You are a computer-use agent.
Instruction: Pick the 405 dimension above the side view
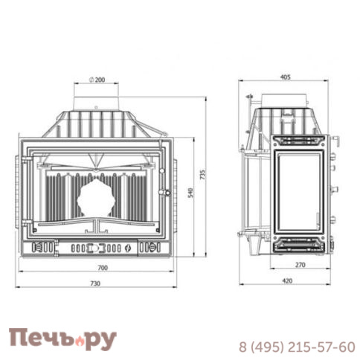(x=286, y=75)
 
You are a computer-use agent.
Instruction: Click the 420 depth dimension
(x=287, y=280)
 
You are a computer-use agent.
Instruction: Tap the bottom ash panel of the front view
(x=97, y=246)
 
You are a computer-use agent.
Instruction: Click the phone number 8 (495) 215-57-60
(x=296, y=347)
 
